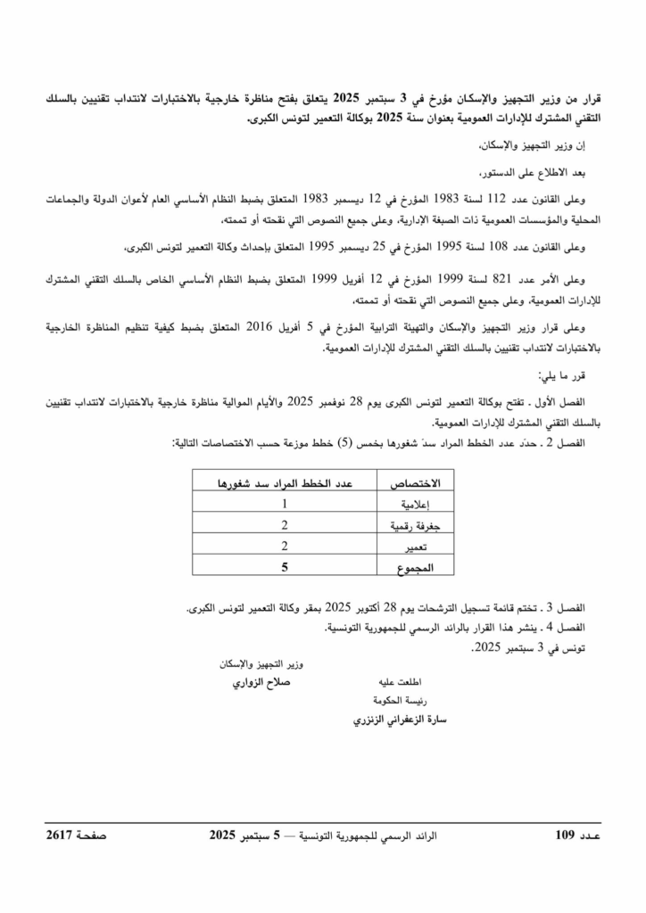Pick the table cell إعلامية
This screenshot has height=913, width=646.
pos(411,505)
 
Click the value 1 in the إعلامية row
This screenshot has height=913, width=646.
pos(284,504)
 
